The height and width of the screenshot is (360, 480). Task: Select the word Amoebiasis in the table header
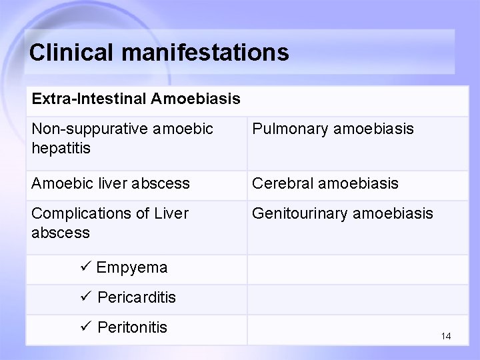point(196,99)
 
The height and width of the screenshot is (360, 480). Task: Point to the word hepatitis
point(61,147)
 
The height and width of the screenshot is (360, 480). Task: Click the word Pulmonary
point(289,129)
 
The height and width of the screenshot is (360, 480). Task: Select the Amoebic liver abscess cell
point(111,183)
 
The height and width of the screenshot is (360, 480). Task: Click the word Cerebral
point(282,183)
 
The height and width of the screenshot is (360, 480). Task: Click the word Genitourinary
point(299,213)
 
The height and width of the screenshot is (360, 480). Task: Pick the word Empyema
point(132,268)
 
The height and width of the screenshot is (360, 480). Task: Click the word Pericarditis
point(137,297)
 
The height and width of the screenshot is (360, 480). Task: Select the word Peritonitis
point(133,327)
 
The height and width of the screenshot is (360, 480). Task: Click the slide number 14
point(446,336)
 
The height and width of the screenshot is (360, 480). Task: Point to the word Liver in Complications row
point(171,213)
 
